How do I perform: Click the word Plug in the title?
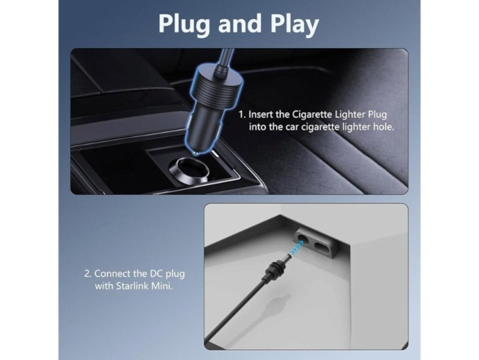pos(184,24)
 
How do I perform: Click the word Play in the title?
pos(295,24)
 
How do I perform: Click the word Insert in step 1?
pos(260,114)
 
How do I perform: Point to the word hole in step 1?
pos(384,127)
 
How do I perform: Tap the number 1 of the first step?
pos(242,115)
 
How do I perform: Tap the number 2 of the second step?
pos(88,274)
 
